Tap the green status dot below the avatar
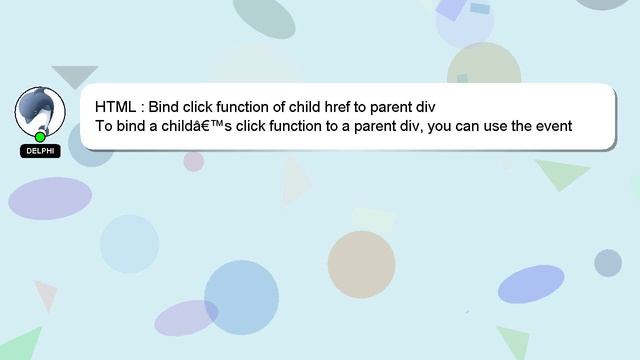click(x=40, y=137)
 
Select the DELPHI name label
click(x=40, y=151)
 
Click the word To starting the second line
click(x=105, y=127)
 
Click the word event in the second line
click(x=549, y=127)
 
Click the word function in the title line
click(x=238, y=106)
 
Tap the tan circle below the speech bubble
click(x=361, y=264)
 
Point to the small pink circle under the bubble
click(x=193, y=161)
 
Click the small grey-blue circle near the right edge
click(x=608, y=263)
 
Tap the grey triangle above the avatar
click(x=74, y=76)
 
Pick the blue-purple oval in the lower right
click(x=534, y=284)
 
